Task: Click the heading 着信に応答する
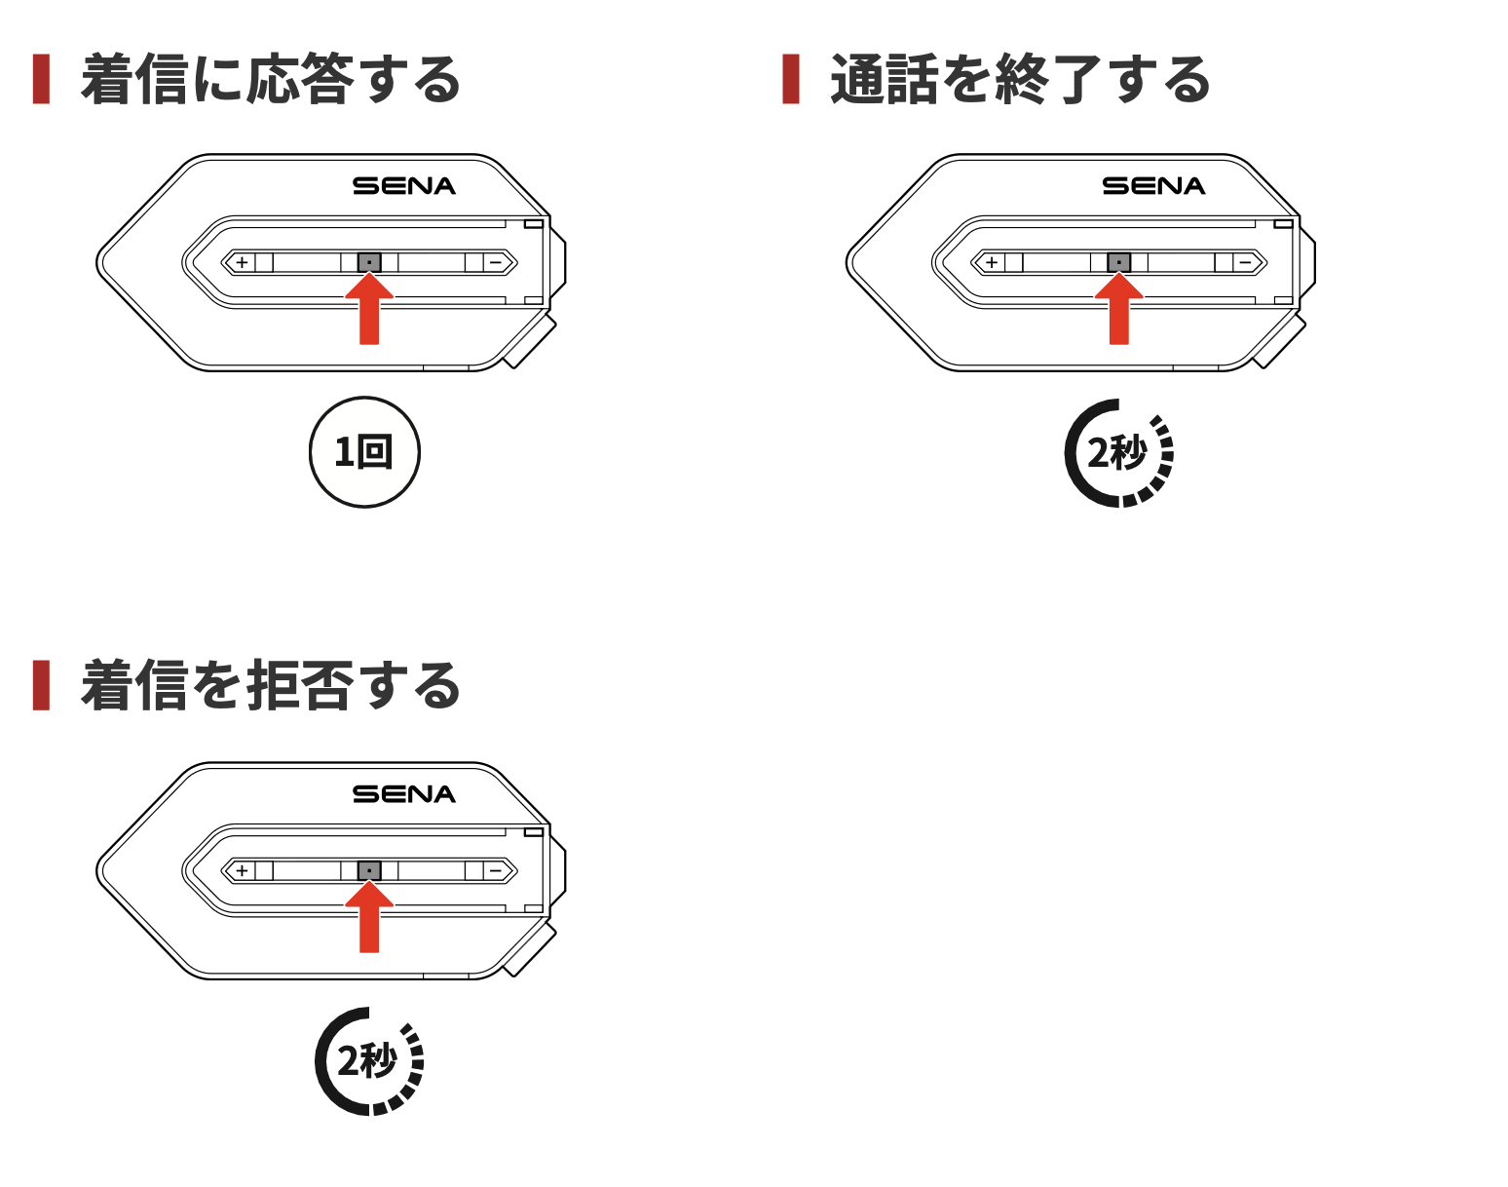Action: coord(271,80)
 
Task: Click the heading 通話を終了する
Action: coord(1020,80)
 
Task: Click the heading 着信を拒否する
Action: coord(271,686)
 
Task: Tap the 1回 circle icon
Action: coord(364,452)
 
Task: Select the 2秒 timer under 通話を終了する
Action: coord(1118,453)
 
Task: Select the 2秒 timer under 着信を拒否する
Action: coord(369,1061)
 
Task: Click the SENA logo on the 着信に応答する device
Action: coord(403,186)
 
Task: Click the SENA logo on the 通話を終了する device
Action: coord(1153,186)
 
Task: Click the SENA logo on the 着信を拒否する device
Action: coord(403,794)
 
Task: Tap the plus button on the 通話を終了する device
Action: coord(992,262)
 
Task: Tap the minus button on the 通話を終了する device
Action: coord(1245,262)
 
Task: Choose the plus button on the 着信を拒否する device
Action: coord(242,870)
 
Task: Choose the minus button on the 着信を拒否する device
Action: coord(496,870)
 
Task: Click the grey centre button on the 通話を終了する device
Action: coord(1119,262)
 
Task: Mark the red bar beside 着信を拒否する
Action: coord(41,685)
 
